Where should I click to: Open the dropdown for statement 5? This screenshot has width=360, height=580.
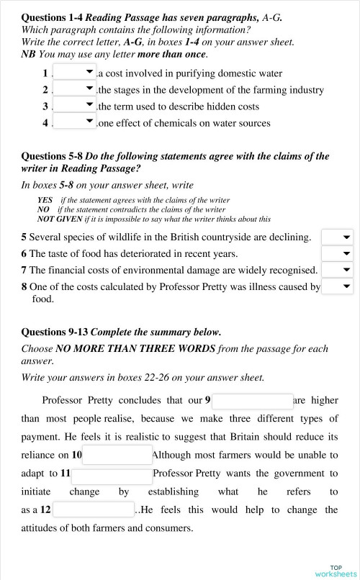(337, 237)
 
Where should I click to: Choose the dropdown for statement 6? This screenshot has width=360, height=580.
(337, 253)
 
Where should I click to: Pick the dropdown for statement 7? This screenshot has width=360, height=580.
(337, 270)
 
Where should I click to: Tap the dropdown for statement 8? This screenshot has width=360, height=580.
(337, 286)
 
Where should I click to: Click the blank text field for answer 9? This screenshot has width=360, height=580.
(252, 400)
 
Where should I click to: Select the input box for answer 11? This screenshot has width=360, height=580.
(112, 474)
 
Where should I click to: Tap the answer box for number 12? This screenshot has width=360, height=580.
(94, 510)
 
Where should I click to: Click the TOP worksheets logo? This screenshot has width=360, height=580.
(335, 570)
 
